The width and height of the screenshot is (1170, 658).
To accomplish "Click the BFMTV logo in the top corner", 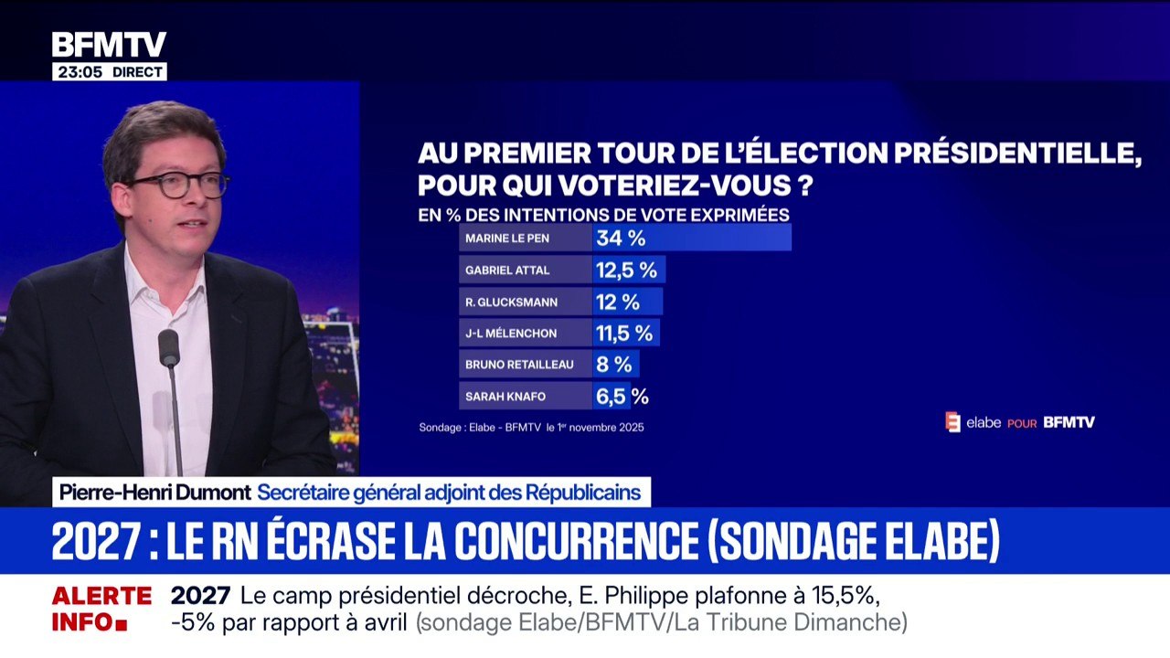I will click(109, 45).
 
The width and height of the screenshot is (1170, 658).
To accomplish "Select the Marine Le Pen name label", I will click(519, 239).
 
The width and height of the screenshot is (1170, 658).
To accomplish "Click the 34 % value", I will click(621, 239).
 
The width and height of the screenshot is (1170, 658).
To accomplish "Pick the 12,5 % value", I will click(626, 271).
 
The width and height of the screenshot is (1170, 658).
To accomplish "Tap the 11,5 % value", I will click(625, 333).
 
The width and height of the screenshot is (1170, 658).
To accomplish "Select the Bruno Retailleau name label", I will click(519, 365).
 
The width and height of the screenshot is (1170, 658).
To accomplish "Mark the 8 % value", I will click(614, 365).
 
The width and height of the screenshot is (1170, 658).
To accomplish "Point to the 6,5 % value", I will click(622, 396).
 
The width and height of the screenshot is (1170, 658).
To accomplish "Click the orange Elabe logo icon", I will click(952, 422).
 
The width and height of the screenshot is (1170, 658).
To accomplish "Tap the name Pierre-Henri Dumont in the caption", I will click(154, 493).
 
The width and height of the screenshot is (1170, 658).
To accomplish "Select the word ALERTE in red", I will click(101, 597).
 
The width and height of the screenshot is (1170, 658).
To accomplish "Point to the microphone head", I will click(169, 348).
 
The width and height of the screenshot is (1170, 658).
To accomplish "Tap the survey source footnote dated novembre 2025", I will click(531, 427).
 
